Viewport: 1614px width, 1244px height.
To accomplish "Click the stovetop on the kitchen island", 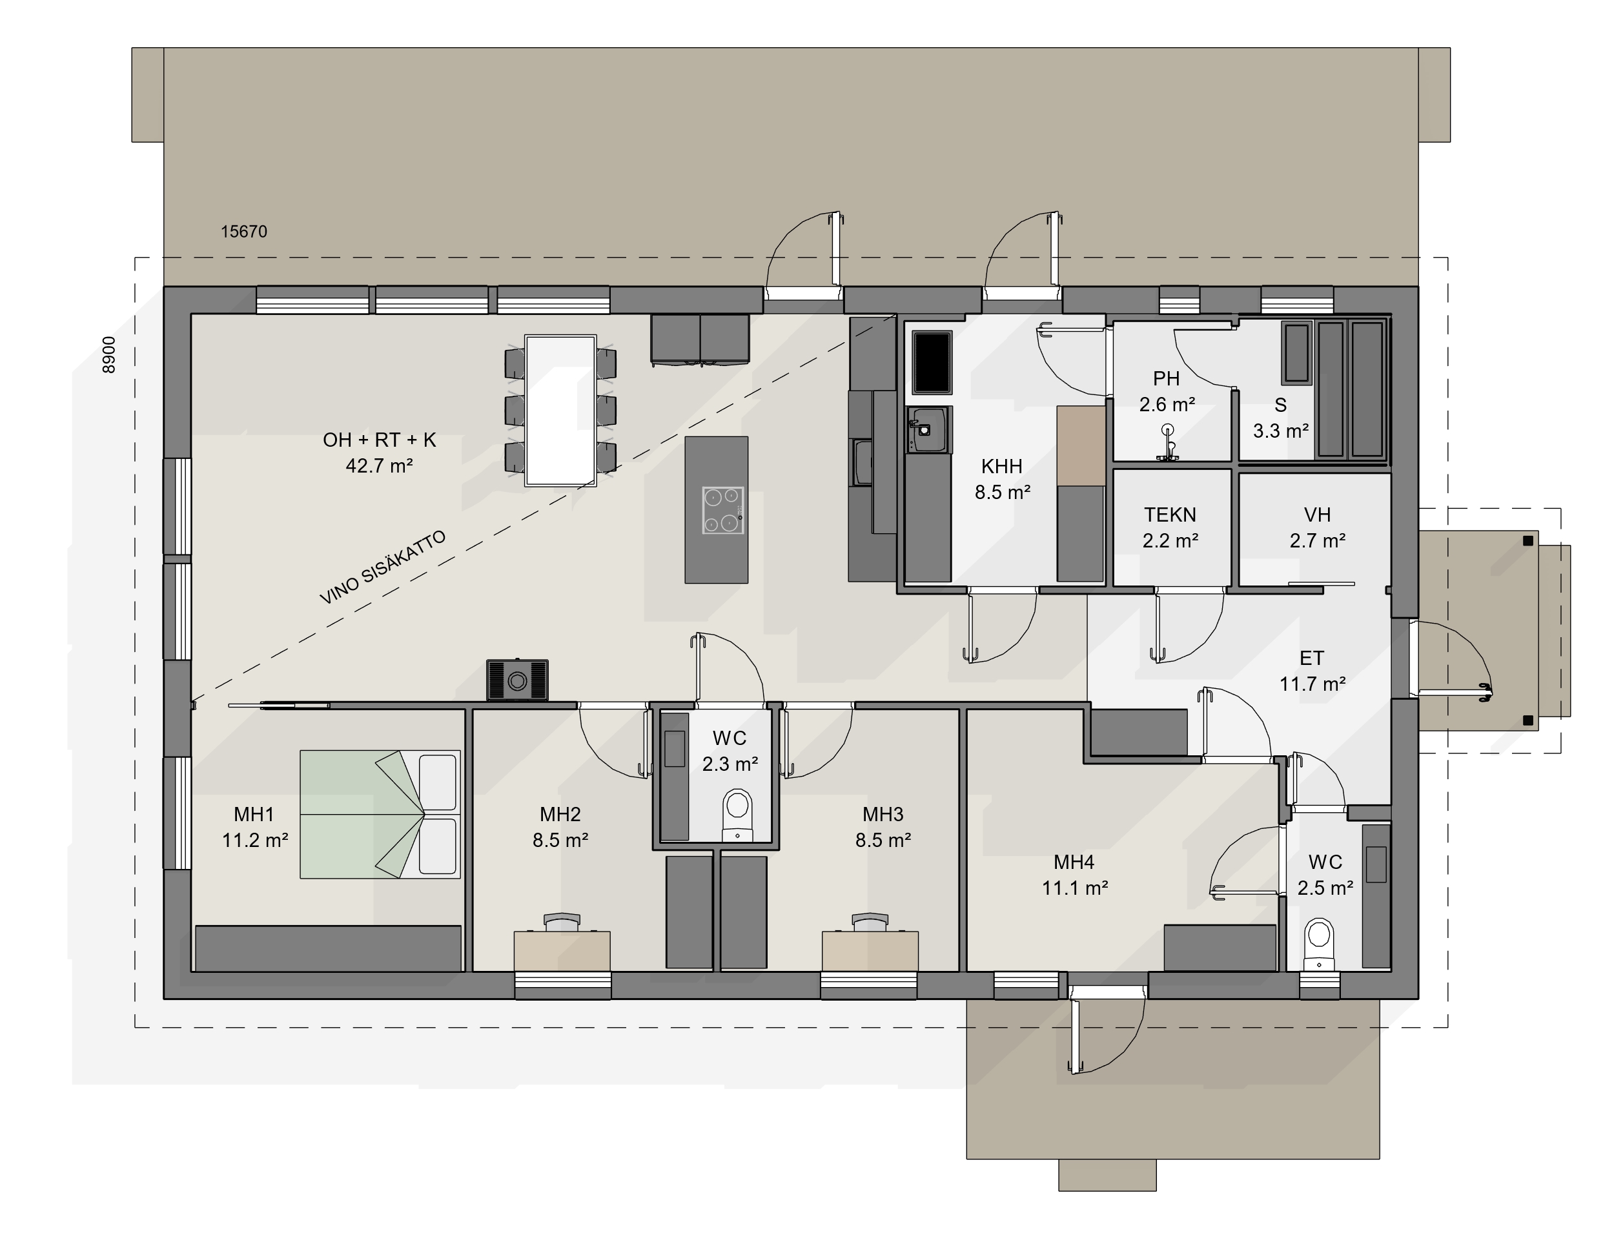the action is click(722, 510).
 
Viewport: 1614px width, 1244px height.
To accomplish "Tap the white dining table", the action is click(560, 410).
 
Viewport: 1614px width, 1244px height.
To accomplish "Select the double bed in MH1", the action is click(380, 814).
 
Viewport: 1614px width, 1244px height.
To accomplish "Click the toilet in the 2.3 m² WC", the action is click(737, 815).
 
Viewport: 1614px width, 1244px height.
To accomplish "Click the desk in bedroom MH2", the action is click(562, 950).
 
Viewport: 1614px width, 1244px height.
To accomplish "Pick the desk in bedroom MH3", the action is click(870, 950).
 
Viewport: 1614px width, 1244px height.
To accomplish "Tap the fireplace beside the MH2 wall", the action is click(517, 680).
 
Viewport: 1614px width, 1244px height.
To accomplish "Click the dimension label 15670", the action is click(244, 231).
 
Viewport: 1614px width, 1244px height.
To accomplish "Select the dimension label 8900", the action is click(108, 355).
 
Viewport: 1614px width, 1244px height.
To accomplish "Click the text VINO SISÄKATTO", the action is click(383, 567).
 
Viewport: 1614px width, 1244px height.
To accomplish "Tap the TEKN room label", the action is click(1170, 515).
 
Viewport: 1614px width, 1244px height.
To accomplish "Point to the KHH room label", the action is click(1002, 466).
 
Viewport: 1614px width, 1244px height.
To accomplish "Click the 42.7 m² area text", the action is click(379, 465).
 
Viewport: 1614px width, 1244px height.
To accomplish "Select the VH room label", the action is click(1317, 515).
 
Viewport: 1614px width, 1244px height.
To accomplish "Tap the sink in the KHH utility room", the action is click(929, 429).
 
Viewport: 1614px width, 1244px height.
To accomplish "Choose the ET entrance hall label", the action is click(1312, 658).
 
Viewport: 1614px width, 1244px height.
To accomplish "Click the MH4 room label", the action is click(1074, 862).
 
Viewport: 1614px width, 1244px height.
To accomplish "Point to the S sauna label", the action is click(1281, 405).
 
